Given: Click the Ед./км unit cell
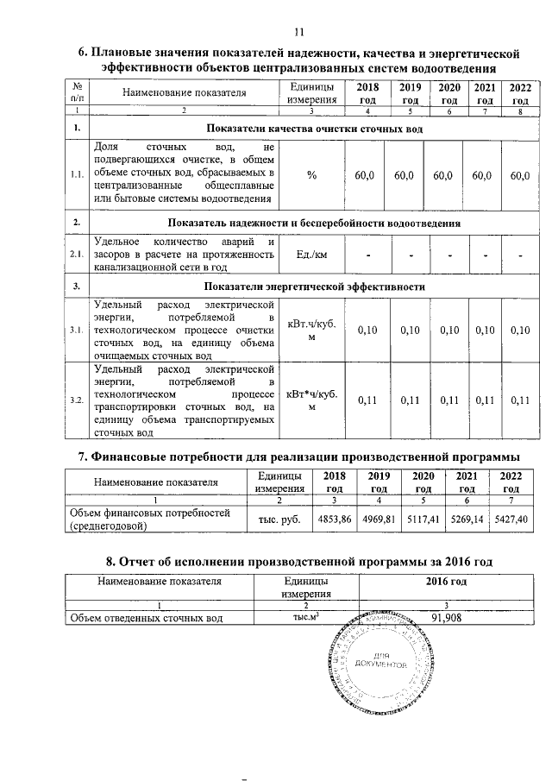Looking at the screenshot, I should [x=311, y=255].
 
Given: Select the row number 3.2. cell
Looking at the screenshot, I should [x=77, y=400].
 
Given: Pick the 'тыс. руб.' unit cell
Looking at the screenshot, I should [x=279, y=520].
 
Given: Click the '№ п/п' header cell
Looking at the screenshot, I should [x=77, y=91].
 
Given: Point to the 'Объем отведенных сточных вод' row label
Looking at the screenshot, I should [x=146, y=618].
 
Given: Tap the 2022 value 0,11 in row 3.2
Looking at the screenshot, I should [x=519, y=400].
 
